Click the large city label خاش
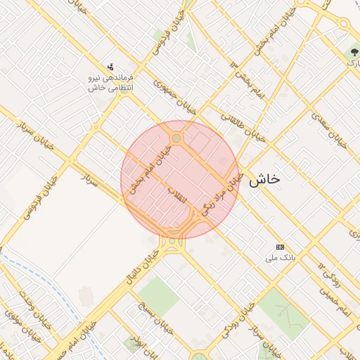[x=264, y=179]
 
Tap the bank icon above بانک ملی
[x=280, y=247]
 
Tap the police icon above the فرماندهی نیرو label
[x=110, y=67]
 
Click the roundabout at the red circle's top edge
[x=176, y=139]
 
